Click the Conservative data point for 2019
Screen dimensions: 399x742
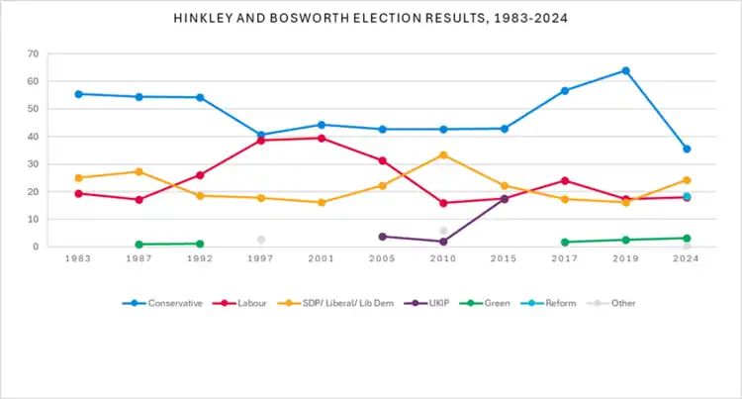click(625, 70)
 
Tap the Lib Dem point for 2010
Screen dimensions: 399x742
click(443, 154)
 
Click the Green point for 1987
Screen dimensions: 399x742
click(139, 245)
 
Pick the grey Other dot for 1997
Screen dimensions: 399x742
click(261, 240)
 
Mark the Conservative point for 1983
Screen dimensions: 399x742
click(79, 94)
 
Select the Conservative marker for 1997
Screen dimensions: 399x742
click(261, 135)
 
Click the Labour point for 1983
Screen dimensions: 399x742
click(79, 193)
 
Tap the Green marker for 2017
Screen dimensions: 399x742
click(565, 243)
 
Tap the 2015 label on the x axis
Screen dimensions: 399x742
click(504, 258)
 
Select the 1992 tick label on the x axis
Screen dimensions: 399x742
click(200, 258)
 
